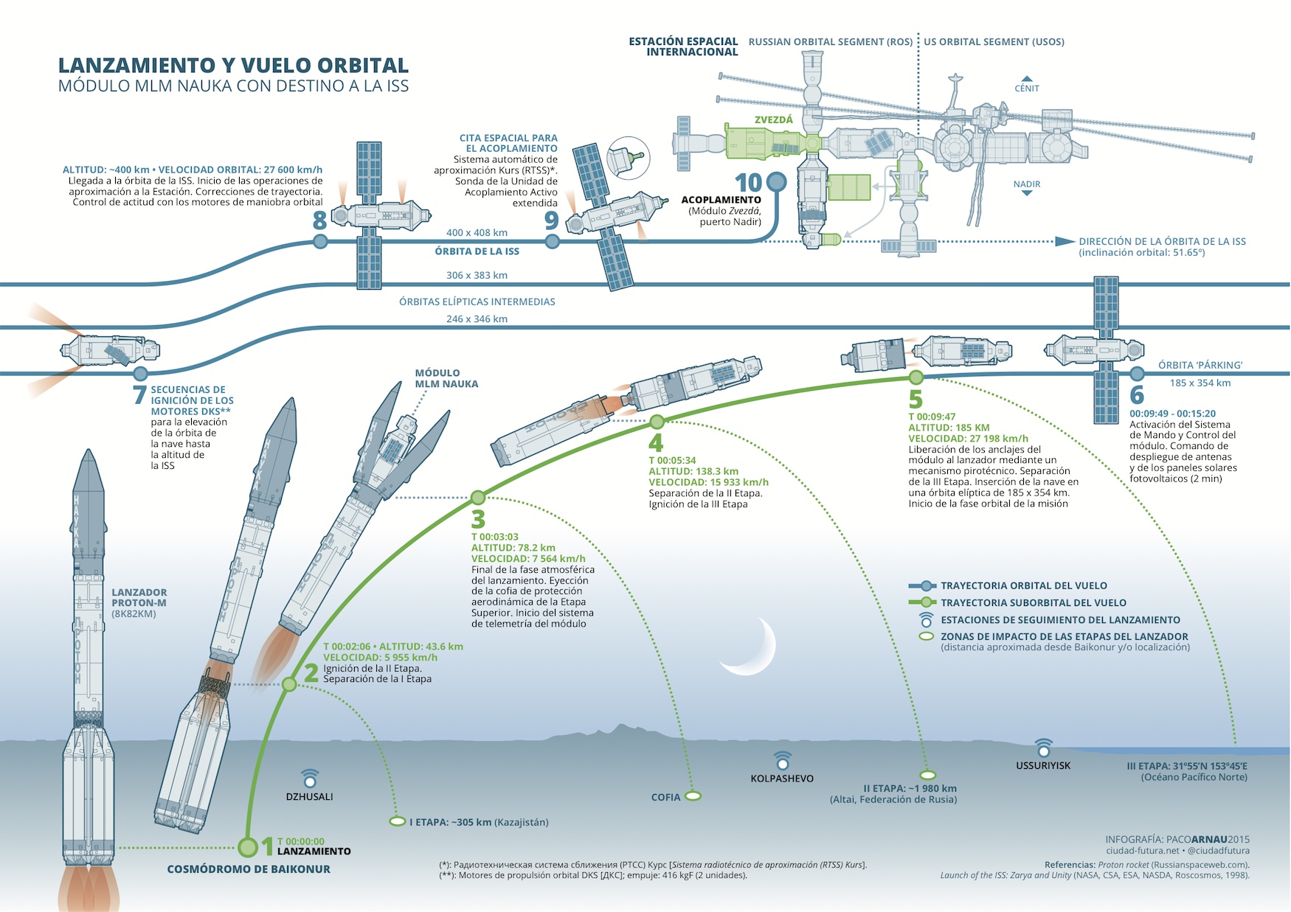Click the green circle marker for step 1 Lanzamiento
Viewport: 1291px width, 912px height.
(248, 846)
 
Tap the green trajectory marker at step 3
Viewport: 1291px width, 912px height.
(478, 497)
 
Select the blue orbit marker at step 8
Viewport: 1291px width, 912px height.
(320, 241)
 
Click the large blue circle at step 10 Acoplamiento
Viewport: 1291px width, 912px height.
(777, 181)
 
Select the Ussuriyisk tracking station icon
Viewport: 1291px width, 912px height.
(1043, 748)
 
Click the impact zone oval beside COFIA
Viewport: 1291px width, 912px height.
(693, 796)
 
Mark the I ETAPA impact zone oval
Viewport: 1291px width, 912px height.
(397, 821)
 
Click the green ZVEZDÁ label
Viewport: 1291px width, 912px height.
(774, 119)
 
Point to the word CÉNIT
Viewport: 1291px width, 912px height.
(1026, 88)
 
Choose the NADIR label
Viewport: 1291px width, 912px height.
(1026, 184)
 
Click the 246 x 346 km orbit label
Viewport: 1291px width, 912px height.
(477, 319)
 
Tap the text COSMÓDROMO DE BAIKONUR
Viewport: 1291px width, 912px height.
(249, 869)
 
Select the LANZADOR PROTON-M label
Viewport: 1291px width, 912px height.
(139, 598)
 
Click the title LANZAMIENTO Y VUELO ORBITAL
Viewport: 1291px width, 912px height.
(233, 66)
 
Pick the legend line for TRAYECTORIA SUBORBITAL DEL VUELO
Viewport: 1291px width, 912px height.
(922, 602)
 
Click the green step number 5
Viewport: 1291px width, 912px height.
(916, 399)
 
